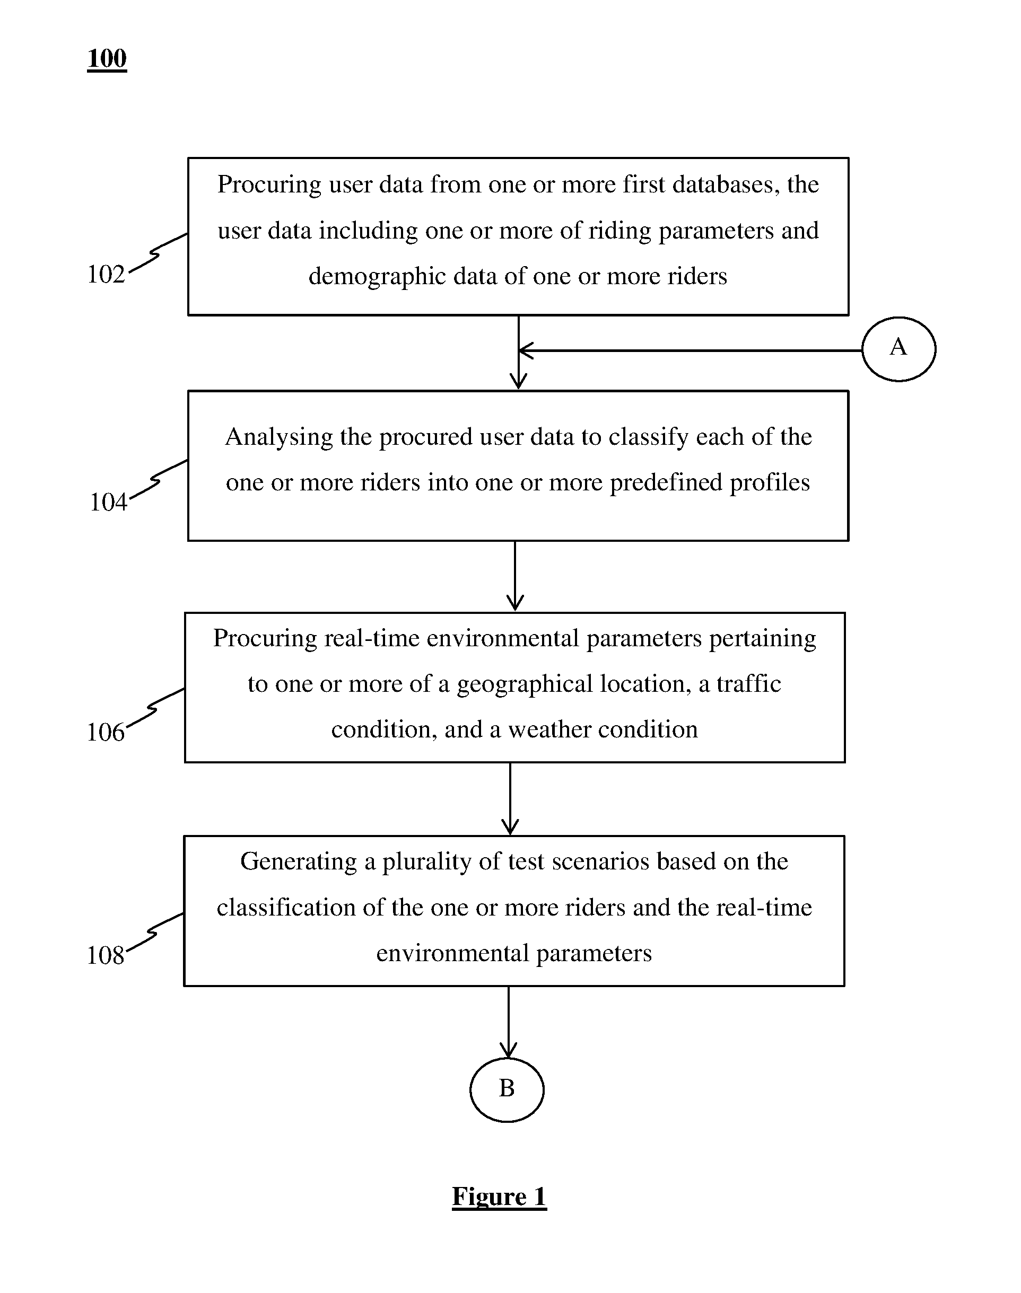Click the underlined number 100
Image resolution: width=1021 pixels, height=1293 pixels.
pos(107,58)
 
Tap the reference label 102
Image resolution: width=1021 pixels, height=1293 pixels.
pos(106,274)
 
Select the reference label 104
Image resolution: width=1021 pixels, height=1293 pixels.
pos(108,502)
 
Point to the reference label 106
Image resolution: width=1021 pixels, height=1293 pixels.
pos(106,732)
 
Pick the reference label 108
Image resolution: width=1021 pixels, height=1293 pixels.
pos(106,955)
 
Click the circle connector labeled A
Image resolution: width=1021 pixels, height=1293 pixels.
pos(898,318)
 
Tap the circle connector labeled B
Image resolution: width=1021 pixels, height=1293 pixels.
pos(507,1059)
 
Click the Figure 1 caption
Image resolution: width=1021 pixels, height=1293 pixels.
pos(499,1197)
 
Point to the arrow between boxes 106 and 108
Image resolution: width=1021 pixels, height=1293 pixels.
pos(510,799)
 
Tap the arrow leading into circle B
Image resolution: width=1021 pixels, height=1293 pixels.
pos(509,1022)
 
